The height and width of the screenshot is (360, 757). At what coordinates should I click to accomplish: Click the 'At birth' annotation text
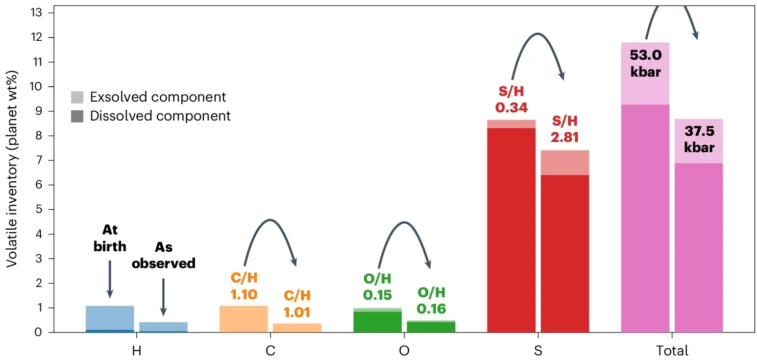tap(110, 238)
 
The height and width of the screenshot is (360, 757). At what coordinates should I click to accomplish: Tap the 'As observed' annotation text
tap(163, 255)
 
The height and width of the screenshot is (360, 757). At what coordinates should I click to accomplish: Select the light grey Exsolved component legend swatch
tap(77, 97)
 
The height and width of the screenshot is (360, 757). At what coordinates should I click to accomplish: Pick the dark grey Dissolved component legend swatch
tap(77, 116)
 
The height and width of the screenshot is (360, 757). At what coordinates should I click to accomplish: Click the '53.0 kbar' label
tap(645, 63)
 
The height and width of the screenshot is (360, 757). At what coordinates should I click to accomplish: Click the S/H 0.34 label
tap(511, 100)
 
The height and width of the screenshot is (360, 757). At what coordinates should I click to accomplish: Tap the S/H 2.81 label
tap(565, 129)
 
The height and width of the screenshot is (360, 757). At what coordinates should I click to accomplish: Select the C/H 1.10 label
tap(243, 286)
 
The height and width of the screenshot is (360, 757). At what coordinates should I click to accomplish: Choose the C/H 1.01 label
tap(297, 304)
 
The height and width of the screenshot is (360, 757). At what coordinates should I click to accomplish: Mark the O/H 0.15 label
tap(377, 287)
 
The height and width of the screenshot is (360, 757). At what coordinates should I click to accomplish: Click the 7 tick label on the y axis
tap(44, 160)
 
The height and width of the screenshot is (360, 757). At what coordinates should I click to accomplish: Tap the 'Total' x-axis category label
tap(672, 351)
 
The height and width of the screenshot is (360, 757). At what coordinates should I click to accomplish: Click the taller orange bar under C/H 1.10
tap(243, 319)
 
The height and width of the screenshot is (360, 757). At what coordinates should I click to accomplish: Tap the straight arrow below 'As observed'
tap(163, 296)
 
